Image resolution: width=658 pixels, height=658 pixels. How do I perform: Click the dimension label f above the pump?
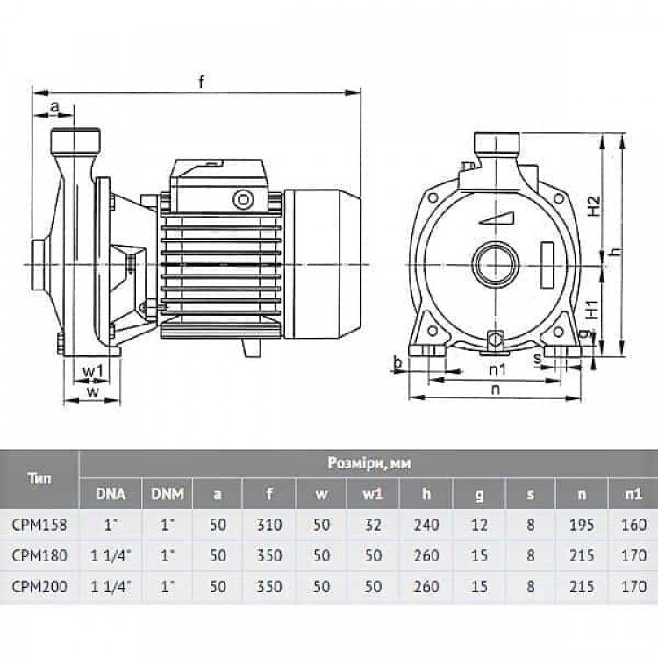pos(202,82)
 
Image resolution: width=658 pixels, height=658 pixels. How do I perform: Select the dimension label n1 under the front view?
pos(498,370)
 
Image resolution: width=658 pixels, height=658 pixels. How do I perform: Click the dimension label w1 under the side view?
pos(93,370)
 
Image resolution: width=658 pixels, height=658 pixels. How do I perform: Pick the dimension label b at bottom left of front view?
pos(398,363)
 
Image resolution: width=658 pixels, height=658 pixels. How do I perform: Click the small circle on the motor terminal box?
pos(243,199)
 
